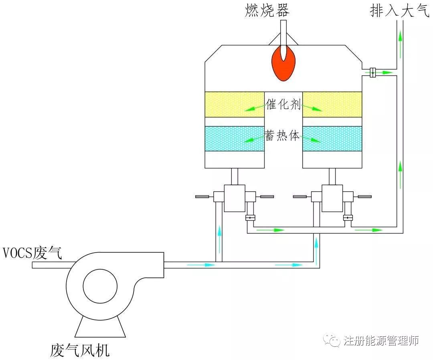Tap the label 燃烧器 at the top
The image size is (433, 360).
tap(267, 10)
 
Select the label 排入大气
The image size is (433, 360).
tap(400, 10)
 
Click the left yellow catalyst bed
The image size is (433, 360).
tap(235, 104)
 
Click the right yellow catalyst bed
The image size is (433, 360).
tap(332, 104)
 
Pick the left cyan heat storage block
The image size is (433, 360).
tap(235, 139)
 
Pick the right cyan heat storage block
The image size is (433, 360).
tap(332, 139)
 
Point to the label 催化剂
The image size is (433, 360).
tap(283, 104)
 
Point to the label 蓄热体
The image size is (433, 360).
tap(282, 135)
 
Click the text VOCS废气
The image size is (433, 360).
tap(32, 252)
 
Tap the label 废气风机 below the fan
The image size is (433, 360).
tap(80, 350)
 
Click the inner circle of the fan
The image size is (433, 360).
tap(100, 286)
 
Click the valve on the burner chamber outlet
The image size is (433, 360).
tap(373, 72)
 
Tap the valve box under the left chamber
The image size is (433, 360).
tap(235, 198)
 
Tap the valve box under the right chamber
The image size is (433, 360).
tap(332, 198)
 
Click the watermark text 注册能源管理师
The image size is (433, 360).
tap(381, 340)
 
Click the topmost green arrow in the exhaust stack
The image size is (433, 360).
tap(400, 44)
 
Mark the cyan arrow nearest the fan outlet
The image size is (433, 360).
tap(201, 265)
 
